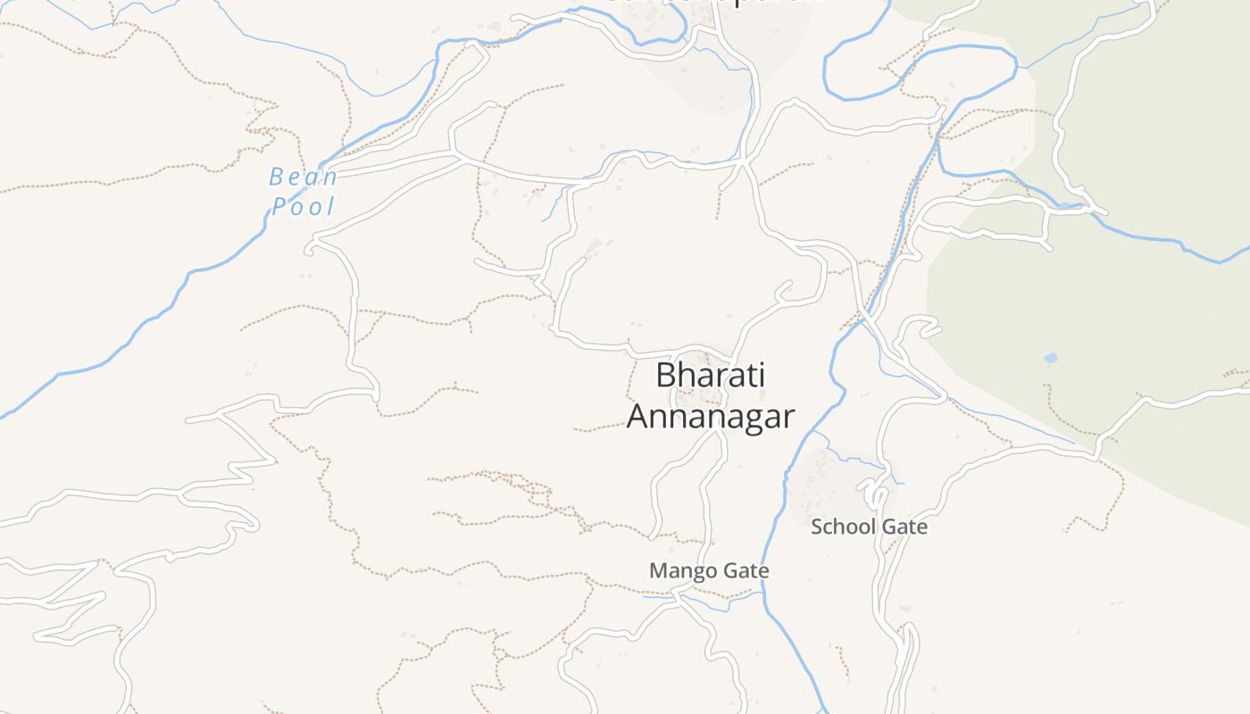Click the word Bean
pos(304,177)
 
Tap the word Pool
pos(304,207)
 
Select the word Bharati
pos(710,375)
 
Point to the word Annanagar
pos(710,416)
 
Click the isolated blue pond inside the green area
pos(1051,358)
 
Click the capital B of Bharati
pos(665,375)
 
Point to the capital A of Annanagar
pos(637,416)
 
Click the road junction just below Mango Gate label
pos(679,594)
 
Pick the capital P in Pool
pos(278,207)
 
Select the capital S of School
pos(816,527)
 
